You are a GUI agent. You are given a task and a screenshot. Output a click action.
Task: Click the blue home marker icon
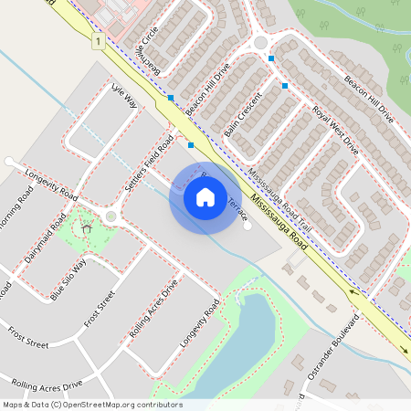205,196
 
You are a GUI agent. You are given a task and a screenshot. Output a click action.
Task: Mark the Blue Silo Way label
68,279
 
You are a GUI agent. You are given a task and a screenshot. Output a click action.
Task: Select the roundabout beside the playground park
111,217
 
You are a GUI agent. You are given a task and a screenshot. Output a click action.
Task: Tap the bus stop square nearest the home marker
190,144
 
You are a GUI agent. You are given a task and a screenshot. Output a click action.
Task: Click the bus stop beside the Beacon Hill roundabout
271,58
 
